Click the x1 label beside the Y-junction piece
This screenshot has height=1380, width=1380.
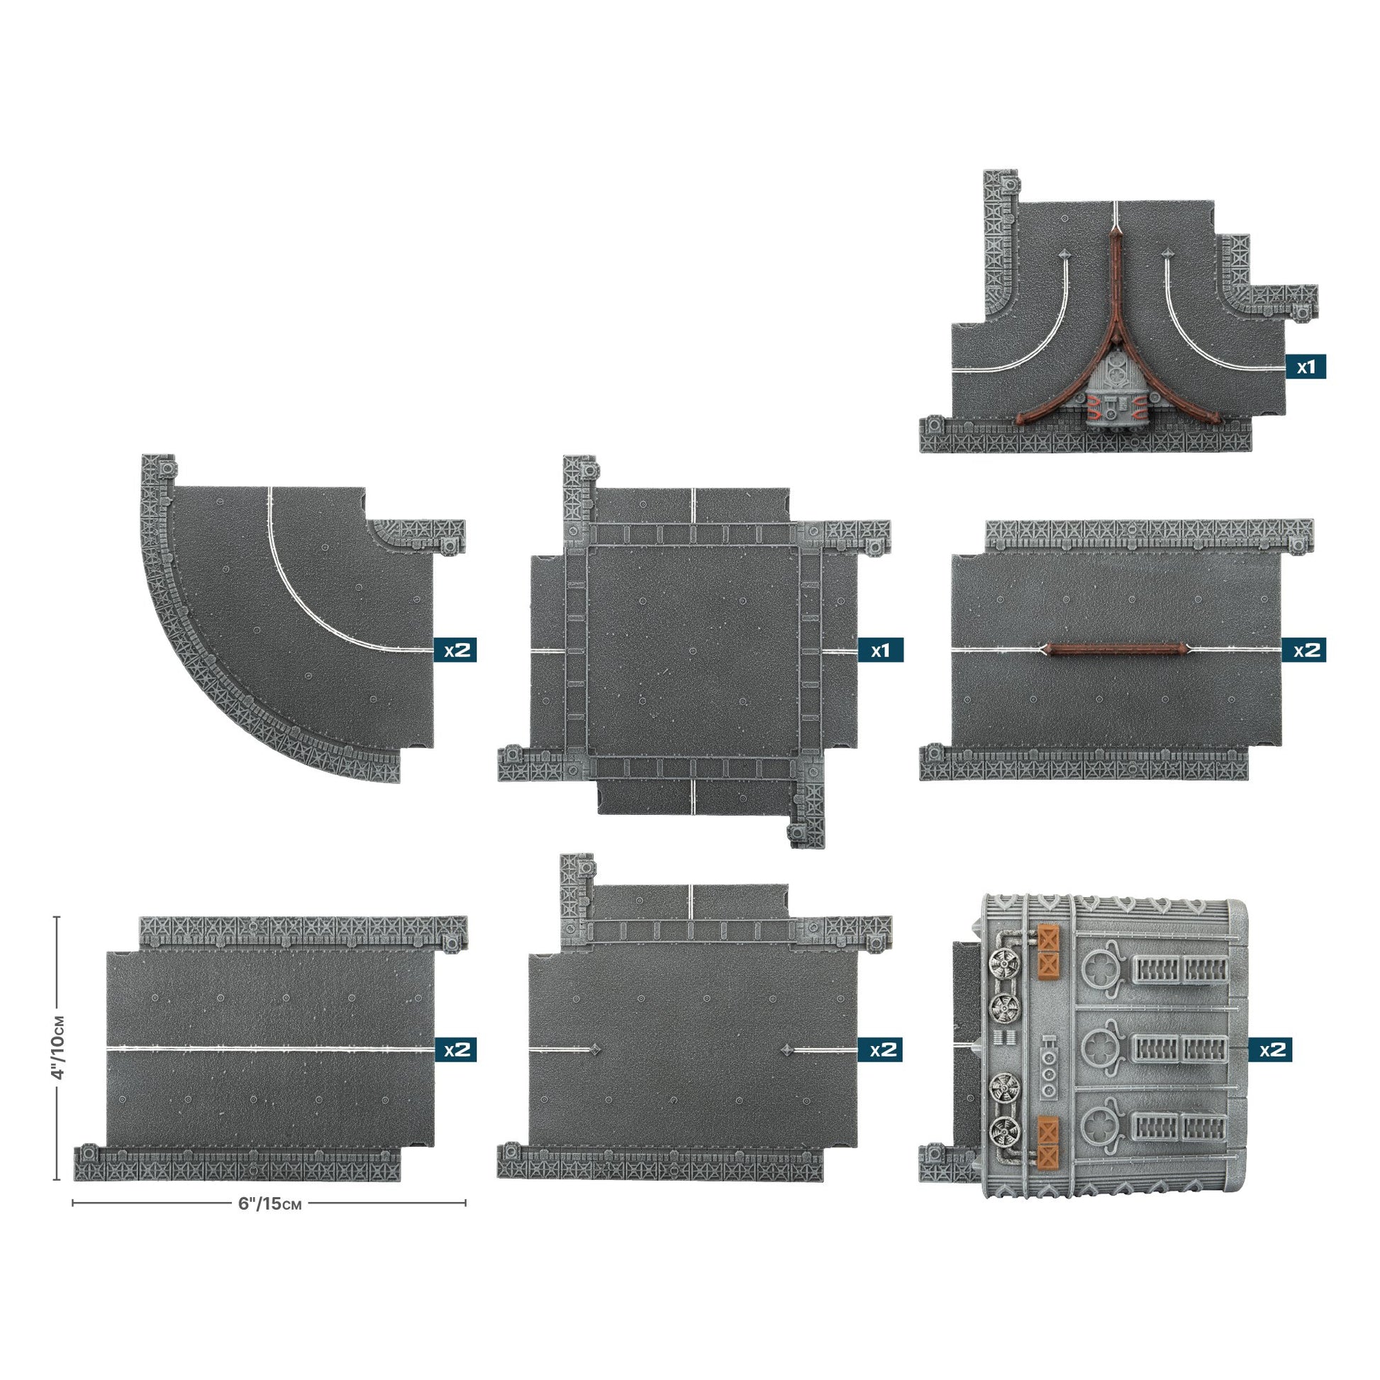point(1306,367)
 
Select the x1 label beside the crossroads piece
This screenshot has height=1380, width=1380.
point(880,650)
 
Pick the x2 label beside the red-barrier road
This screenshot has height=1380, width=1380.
point(1306,650)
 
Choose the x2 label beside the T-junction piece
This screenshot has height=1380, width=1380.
point(880,1050)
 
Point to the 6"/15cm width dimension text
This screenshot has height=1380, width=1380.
point(270,1203)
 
